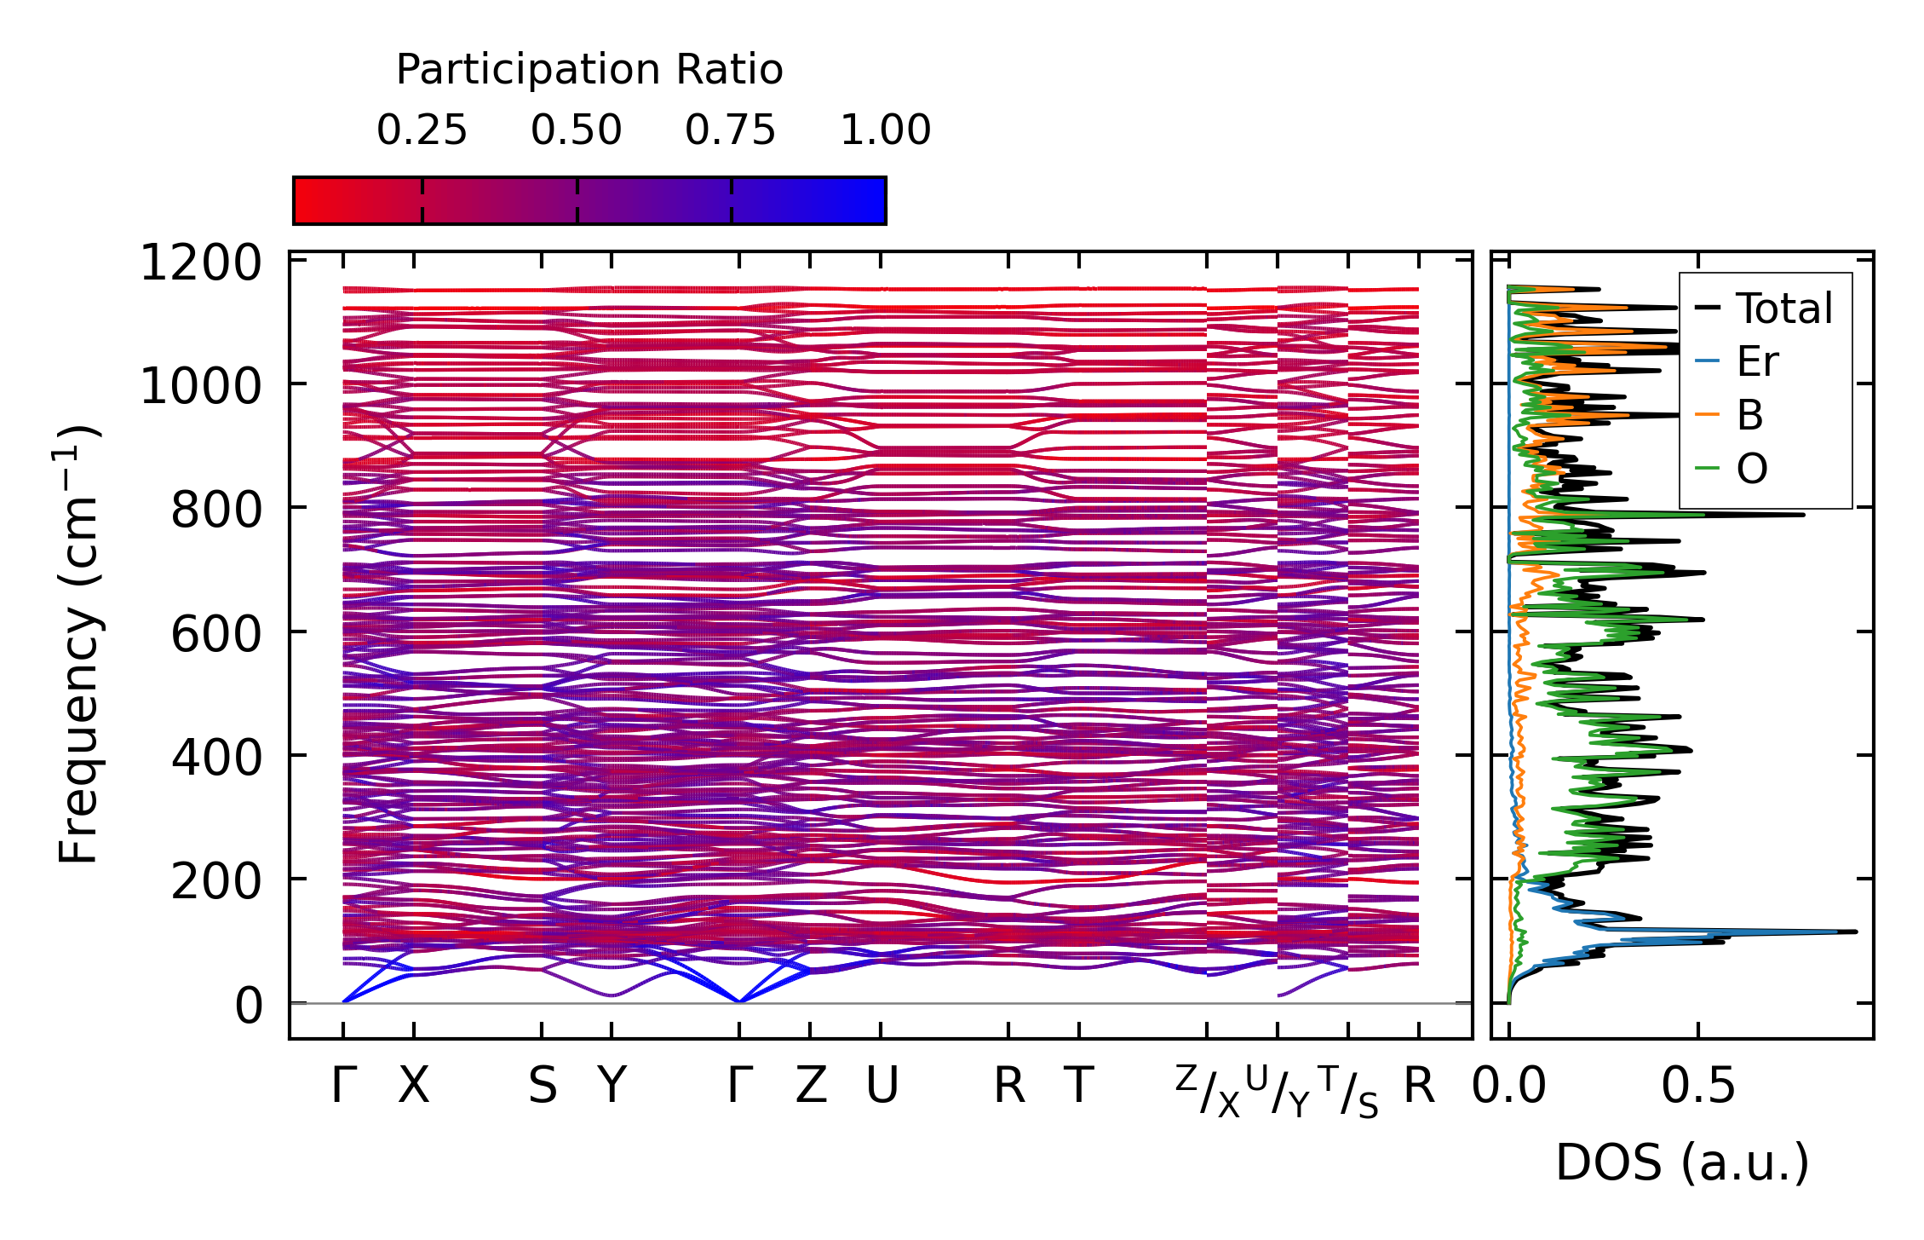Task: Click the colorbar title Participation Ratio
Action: click(x=589, y=70)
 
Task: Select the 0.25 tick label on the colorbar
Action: click(x=422, y=130)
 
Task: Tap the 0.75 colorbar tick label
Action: click(x=730, y=130)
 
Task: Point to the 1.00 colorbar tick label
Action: click(x=885, y=130)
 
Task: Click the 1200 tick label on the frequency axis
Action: click(x=201, y=262)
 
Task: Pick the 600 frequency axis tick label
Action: click(x=216, y=634)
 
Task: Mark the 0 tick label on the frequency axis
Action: click(x=250, y=1006)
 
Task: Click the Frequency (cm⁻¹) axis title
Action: click(x=79, y=644)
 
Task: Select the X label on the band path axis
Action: click(x=414, y=1086)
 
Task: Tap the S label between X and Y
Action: click(x=543, y=1086)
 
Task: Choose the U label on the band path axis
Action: click(x=882, y=1086)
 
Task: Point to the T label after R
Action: click(x=1078, y=1086)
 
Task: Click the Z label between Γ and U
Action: click(x=811, y=1086)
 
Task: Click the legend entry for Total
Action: click(x=1783, y=309)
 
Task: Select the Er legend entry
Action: click(x=1757, y=361)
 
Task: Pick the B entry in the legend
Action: click(x=1749, y=415)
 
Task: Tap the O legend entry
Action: click(x=1752, y=469)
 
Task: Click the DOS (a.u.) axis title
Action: click(x=1682, y=1162)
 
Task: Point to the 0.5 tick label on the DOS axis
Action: click(x=1698, y=1087)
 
